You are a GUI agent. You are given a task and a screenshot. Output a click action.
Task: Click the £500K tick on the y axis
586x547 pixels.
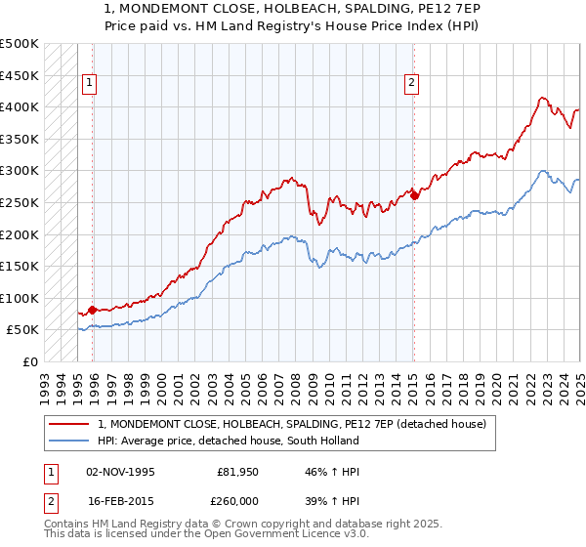(x=20, y=44)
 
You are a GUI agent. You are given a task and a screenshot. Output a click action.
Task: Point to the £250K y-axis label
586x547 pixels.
(x=20, y=202)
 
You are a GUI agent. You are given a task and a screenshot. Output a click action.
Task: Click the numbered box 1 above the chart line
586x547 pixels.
(x=89, y=84)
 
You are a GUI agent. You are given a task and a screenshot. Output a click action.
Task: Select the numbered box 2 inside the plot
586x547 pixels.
(x=412, y=84)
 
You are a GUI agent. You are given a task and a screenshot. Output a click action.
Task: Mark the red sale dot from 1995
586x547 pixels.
(x=93, y=310)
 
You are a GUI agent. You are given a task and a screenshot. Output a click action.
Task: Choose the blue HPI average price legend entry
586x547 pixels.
(x=228, y=441)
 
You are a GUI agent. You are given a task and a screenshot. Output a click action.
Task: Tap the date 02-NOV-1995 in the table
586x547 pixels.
(x=120, y=471)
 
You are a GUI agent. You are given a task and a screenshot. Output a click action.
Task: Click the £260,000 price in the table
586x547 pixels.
(x=236, y=500)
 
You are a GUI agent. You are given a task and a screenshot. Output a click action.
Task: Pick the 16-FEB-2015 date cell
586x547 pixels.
(x=120, y=500)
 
